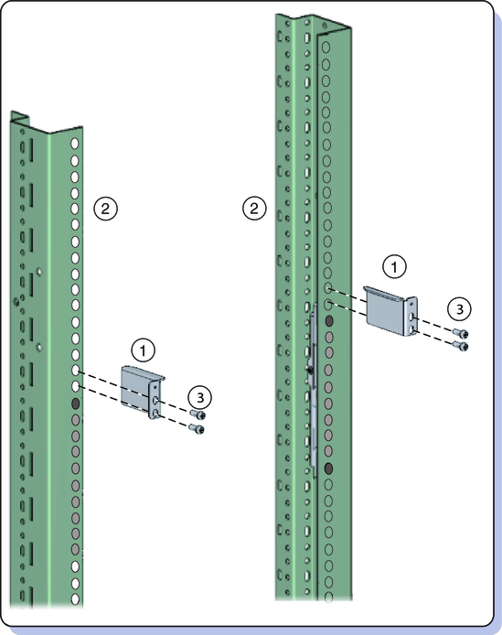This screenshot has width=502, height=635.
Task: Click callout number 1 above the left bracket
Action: pyautogui.click(x=143, y=350)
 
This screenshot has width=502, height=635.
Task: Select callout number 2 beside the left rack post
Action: pyautogui.click(x=105, y=209)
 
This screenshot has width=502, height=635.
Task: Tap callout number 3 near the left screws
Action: pyautogui.click(x=200, y=398)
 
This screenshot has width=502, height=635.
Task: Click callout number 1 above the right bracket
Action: pyautogui.click(x=394, y=267)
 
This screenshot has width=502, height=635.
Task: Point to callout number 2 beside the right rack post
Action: pyautogui.click(x=254, y=209)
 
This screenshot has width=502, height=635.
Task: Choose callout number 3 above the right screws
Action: pyautogui.click(x=460, y=309)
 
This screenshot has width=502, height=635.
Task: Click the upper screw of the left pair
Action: pyautogui.click(x=198, y=414)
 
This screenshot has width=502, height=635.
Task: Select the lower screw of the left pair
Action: pyautogui.click(x=197, y=428)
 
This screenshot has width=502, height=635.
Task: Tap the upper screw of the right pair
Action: pyautogui.click(x=461, y=333)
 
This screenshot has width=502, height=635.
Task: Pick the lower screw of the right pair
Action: pyautogui.click(x=460, y=346)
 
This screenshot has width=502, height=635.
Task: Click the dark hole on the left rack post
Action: pyautogui.click(x=75, y=404)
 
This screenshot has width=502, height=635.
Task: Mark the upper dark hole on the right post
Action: pyautogui.click(x=329, y=321)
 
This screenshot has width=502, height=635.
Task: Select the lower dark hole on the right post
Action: pyautogui.click(x=329, y=468)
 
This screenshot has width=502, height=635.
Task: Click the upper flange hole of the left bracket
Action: pyautogui.click(x=155, y=401)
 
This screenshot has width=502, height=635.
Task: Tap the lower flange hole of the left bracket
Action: pyautogui.click(x=156, y=414)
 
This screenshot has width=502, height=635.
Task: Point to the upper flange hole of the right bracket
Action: pyautogui.click(x=411, y=317)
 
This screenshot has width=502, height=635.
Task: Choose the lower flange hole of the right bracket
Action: pyautogui.click(x=411, y=330)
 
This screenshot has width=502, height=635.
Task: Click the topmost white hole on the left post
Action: pyautogui.click(x=75, y=144)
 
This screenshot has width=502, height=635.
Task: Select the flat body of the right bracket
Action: pyautogui.click(x=385, y=308)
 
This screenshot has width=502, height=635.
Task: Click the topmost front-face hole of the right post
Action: pyautogui.click(x=326, y=48)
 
